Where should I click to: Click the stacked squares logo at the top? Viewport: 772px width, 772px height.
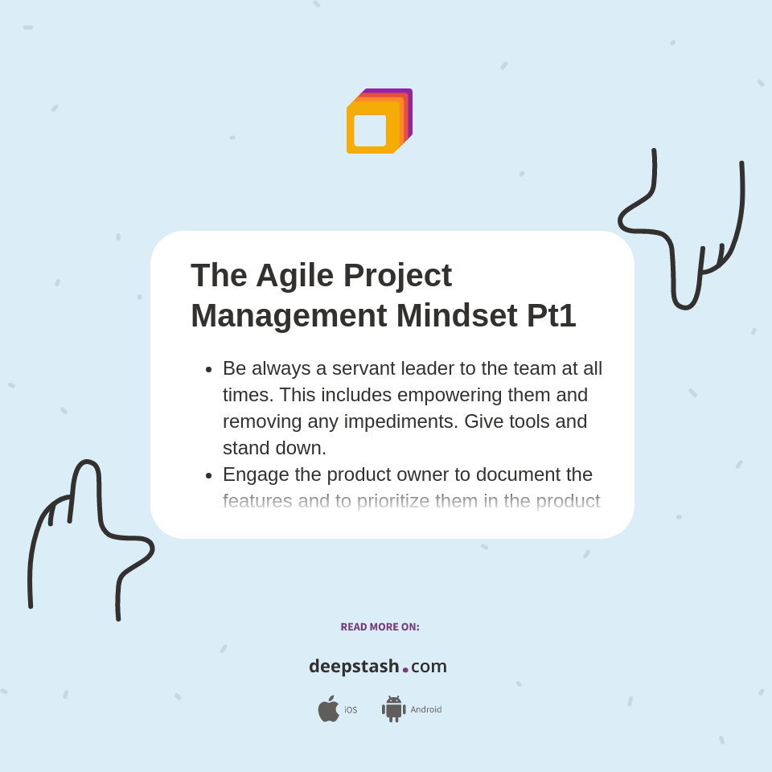(379, 121)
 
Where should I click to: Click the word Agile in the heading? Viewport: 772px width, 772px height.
(294, 275)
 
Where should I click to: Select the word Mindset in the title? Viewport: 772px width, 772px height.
(456, 315)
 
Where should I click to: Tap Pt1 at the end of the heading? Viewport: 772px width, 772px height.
(551, 315)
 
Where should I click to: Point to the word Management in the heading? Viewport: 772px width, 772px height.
(288, 315)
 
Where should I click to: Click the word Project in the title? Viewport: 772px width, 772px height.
(397, 275)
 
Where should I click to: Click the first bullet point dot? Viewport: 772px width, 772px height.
(208, 369)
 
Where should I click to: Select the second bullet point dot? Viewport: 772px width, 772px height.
(208, 475)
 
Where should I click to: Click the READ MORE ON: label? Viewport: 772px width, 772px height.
(380, 627)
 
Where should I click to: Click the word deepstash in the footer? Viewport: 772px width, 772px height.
(354, 667)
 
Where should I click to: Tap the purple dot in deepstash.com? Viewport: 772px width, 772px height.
(405, 670)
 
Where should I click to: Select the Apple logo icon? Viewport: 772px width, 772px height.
(328, 708)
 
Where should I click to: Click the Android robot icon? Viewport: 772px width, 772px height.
(393, 708)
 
